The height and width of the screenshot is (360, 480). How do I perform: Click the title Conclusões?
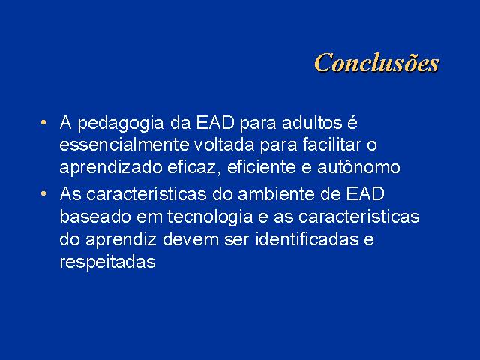click(x=376, y=63)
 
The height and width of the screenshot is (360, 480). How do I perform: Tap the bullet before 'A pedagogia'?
click(x=43, y=123)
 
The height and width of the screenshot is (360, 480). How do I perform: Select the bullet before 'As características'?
click(x=43, y=193)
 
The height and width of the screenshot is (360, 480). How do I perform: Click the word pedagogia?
click(x=121, y=124)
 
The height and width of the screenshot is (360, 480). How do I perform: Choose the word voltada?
click(x=224, y=145)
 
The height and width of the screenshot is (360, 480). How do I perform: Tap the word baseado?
click(x=95, y=217)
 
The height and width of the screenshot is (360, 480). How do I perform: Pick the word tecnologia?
click(x=210, y=217)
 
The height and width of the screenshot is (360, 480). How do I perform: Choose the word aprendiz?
click(x=121, y=240)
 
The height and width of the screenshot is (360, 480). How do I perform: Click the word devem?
click(x=190, y=239)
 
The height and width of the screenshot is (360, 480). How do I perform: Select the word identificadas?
click(x=307, y=239)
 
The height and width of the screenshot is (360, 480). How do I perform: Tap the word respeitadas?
click(x=108, y=262)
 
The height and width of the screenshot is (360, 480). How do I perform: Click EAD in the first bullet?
click(x=215, y=123)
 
